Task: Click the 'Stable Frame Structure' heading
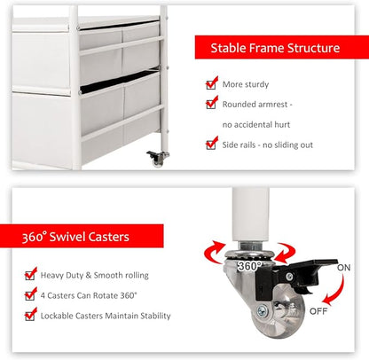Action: tap(275, 48)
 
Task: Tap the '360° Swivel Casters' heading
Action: tap(75, 237)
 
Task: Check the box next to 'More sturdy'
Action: tap(211, 84)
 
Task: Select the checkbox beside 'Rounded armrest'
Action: tap(211, 105)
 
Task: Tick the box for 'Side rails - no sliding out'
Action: tap(211, 145)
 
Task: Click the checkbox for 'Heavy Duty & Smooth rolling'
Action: tap(30, 276)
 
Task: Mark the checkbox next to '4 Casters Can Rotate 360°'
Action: tap(30, 295)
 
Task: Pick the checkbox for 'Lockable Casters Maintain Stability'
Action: tap(30, 316)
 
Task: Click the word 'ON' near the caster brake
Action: tap(344, 268)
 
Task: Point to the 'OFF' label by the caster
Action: tap(318, 311)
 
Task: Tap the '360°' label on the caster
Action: tap(250, 266)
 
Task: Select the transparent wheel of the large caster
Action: tap(278, 313)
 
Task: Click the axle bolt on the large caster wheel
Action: tap(262, 311)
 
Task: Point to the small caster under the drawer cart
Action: tap(158, 158)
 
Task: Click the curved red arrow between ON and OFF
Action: tap(335, 291)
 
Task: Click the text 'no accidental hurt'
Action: tap(256, 125)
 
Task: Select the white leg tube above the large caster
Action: tap(250, 215)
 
